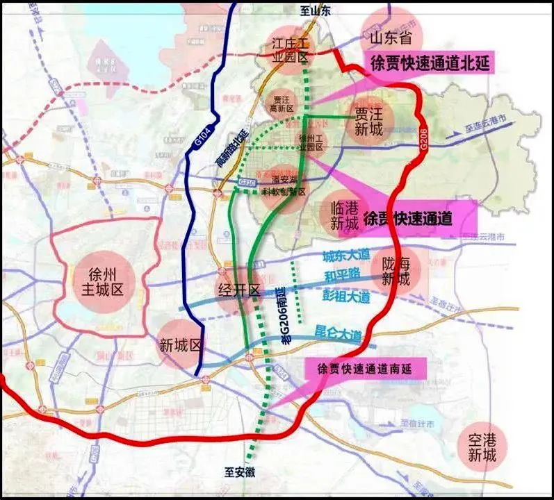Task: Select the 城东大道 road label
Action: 345,256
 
